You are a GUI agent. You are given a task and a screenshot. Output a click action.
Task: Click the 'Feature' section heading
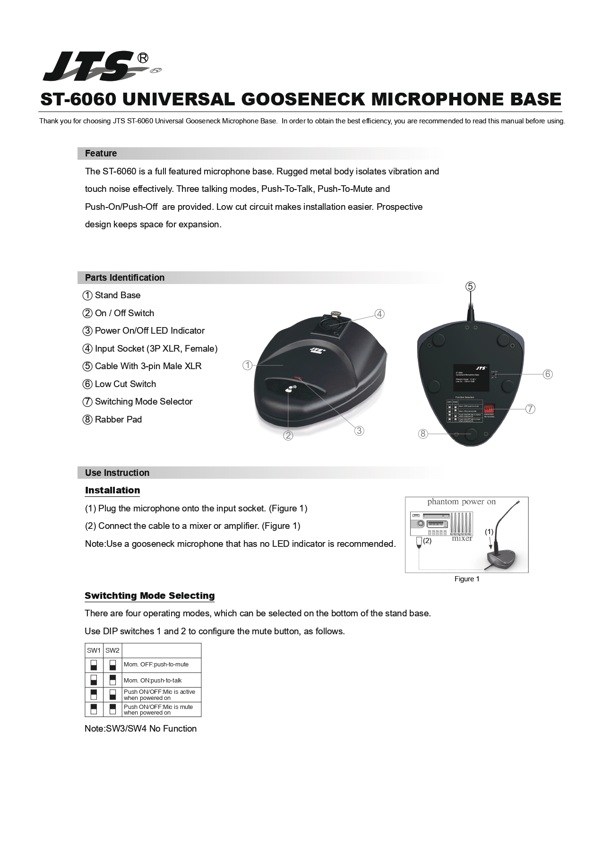click(101, 154)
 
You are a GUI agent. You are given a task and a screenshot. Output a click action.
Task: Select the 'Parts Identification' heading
click(125, 278)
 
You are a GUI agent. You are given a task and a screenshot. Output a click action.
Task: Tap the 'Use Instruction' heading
click(117, 473)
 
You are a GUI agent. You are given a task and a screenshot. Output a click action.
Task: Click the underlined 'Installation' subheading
click(112, 491)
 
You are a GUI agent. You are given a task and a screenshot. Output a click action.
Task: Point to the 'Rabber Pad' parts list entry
click(118, 420)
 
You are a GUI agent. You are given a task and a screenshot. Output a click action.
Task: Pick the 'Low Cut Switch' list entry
click(125, 384)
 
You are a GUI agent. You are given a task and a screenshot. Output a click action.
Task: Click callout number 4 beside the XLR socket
click(379, 314)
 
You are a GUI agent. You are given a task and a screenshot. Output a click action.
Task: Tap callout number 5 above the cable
click(470, 286)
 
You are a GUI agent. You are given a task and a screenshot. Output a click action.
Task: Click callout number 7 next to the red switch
click(530, 409)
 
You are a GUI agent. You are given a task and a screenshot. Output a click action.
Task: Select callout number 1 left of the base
click(247, 365)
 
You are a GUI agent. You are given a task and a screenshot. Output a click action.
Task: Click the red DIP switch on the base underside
click(489, 409)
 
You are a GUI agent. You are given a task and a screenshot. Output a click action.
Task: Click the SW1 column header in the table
click(94, 651)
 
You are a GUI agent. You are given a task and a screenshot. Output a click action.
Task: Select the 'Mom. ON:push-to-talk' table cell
click(153, 681)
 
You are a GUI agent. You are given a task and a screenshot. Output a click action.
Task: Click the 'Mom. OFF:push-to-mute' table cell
click(156, 665)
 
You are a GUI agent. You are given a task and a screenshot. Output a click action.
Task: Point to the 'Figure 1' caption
click(467, 579)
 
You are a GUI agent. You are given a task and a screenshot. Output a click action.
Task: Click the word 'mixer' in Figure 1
click(462, 539)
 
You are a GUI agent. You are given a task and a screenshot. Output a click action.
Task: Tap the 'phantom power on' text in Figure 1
click(461, 502)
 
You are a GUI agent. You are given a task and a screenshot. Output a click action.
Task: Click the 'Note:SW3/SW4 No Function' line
click(140, 729)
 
